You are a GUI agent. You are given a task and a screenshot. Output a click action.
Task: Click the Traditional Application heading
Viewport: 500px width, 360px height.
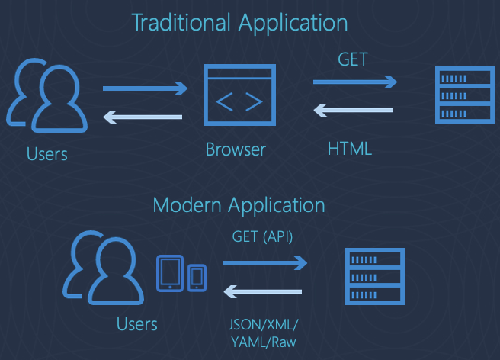pos(239,22)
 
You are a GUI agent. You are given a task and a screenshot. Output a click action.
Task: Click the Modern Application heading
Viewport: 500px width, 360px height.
pos(239,205)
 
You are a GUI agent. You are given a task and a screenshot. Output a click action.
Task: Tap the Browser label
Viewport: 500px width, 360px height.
pos(236,149)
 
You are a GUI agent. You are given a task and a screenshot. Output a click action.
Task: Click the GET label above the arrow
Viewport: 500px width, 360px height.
pos(352,59)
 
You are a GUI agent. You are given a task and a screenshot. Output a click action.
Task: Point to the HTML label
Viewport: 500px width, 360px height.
pos(350,148)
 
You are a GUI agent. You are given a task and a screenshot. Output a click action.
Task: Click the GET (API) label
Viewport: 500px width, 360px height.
pos(263,236)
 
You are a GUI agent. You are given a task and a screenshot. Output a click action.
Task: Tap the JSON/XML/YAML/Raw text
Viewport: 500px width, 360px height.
pos(264,333)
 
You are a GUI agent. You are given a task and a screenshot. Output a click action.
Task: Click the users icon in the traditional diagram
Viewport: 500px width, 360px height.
pos(45,96)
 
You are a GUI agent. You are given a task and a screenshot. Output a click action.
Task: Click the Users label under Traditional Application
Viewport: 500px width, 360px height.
pos(47,154)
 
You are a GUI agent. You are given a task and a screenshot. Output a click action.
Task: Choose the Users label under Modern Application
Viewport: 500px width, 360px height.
pos(137,324)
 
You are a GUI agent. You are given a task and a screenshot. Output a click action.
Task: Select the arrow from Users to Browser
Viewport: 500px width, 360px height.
pos(145,89)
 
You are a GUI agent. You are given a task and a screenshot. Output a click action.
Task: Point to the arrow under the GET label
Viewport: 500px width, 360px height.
pos(354,82)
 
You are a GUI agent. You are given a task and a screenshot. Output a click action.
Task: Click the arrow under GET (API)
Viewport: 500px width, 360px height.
pos(264,263)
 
